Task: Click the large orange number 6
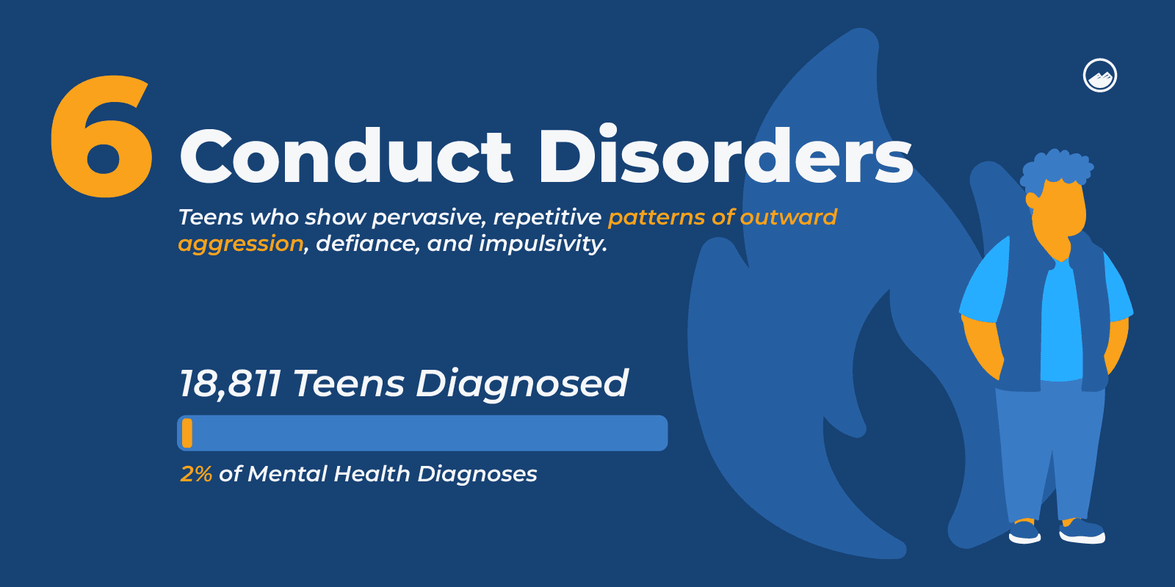101,137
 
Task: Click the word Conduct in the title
345,156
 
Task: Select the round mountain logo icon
1099,76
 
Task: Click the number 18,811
230,384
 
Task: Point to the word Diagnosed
522,384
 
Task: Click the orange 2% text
196,474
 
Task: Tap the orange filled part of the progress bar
187,433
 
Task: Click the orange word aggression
241,244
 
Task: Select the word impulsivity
543,244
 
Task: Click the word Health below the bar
372,474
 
